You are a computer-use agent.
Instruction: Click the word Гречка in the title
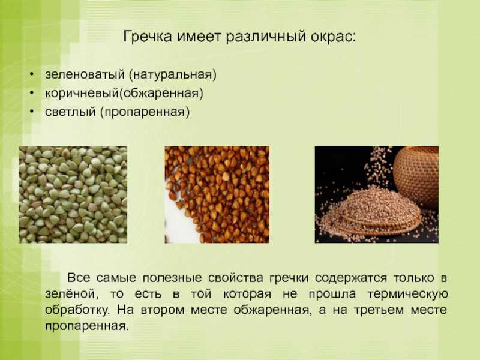(x=148, y=37)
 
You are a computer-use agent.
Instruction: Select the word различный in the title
(x=266, y=37)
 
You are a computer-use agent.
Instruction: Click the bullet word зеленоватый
(x=85, y=74)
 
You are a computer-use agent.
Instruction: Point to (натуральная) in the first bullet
(x=173, y=74)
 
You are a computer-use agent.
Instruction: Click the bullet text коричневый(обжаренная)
(x=124, y=93)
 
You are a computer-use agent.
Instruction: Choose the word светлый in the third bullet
(x=70, y=112)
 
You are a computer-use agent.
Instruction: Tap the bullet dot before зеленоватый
(x=32, y=74)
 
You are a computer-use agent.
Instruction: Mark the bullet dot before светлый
(x=32, y=112)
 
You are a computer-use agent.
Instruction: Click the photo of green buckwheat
(x=73, y=194)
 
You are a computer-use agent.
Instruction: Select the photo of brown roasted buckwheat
(x=217, y=194)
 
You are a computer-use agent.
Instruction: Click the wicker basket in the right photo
(x=416, y=176)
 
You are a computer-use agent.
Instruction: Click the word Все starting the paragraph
(x=79, y=278)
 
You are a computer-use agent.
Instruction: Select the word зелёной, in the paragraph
(x=72, y=294)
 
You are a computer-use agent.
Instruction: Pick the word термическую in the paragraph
(x=408, y=295)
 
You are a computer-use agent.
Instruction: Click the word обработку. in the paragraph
(x=77, y=310)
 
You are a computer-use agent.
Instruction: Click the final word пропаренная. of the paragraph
(x=86, y=326)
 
